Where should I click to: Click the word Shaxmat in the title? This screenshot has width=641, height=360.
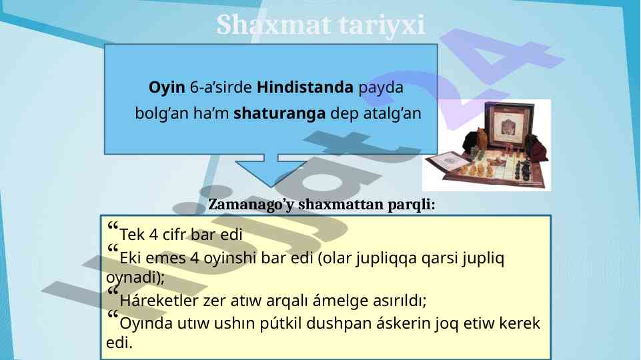pyautogui.click(x=273, y=25)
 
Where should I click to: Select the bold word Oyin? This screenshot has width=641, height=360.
pyautogui.click(x=167, y=88)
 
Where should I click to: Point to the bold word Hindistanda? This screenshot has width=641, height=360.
pyautogui.click(x=305, y=87)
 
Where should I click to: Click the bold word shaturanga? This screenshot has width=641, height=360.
pyautogui.click(x=279, y=113)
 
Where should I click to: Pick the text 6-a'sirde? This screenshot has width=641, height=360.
pyautogui.click(x=221, y=87)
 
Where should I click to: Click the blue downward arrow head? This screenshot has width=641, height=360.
pyautogui.click(x=270, y=173)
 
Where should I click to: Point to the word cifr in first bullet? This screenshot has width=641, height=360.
pyautogui.click(x=176, y=235)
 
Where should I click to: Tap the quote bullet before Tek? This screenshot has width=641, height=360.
pyautogui.click(x=113, y=225)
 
